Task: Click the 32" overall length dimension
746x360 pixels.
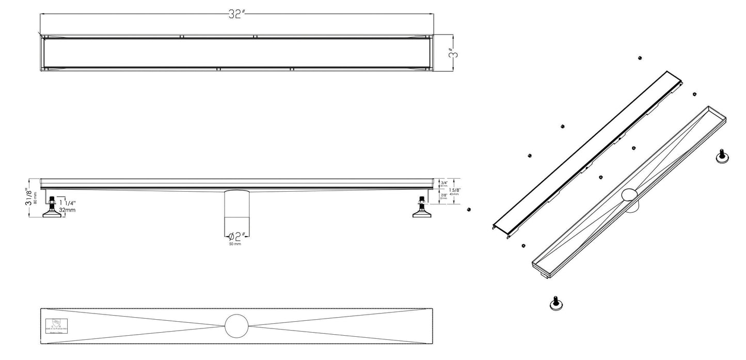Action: coord(236,14)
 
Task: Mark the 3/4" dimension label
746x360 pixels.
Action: coord(443,182)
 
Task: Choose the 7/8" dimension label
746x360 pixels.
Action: coord(443,196)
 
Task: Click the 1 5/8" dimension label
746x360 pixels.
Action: coord(455,190)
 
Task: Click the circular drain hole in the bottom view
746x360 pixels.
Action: coord(237,325)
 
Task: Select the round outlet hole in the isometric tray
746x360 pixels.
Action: coord(629,195)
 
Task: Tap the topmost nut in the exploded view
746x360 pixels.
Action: coord(640,57)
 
